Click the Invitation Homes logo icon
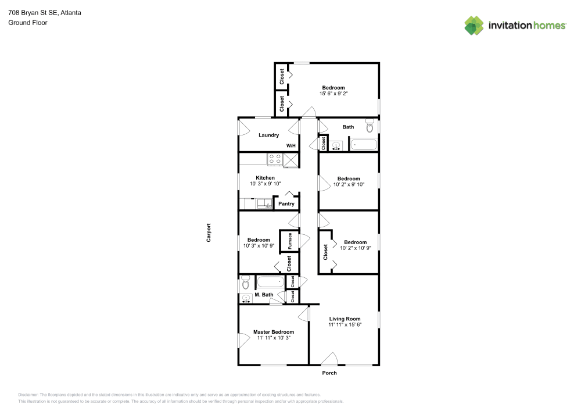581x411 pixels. [x=474, y=26]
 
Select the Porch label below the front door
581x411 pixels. [x=329, y=373]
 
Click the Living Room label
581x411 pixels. [x=345, y=319]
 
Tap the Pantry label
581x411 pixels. [x=286, y=204]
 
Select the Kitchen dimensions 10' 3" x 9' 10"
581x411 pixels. [x=265, y=184]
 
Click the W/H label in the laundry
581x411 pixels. [x=290, y=145]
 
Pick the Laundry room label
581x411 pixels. [x=268, y=135]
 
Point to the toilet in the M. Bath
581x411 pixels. [x=245, y=283]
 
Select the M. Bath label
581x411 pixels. [x=264, y=295]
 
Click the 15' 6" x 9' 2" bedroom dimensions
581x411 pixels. [x=333, y=94]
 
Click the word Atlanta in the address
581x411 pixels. [x=69, y=11]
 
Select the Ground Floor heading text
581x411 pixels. [x=28, y=23]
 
